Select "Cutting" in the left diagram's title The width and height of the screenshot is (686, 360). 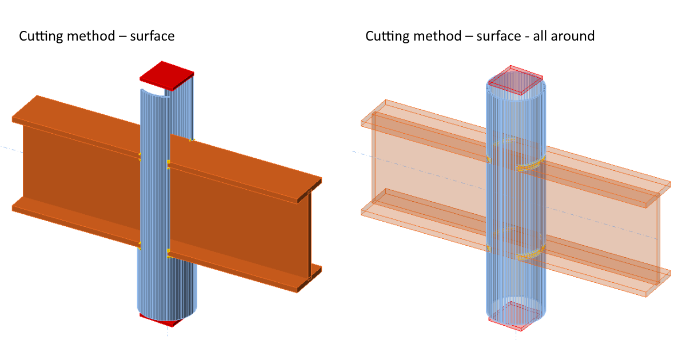(x=42, y=36)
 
